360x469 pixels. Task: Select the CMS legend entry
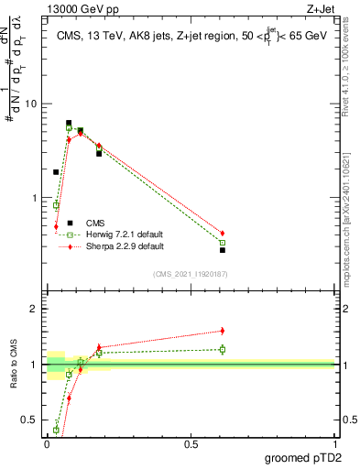click(94, 223)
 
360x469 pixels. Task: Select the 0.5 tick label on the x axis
click(191, 444)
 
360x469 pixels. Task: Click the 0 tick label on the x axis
click(47, 444)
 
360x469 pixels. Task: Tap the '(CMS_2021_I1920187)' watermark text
click(190, 274)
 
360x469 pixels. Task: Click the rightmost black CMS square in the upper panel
click(222, 250)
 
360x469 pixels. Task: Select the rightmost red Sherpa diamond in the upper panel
click(222, 234)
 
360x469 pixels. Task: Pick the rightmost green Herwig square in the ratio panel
click(222, 349)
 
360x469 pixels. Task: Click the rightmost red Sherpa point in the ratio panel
click(222, 331)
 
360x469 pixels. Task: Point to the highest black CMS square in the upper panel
click(69, 123)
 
